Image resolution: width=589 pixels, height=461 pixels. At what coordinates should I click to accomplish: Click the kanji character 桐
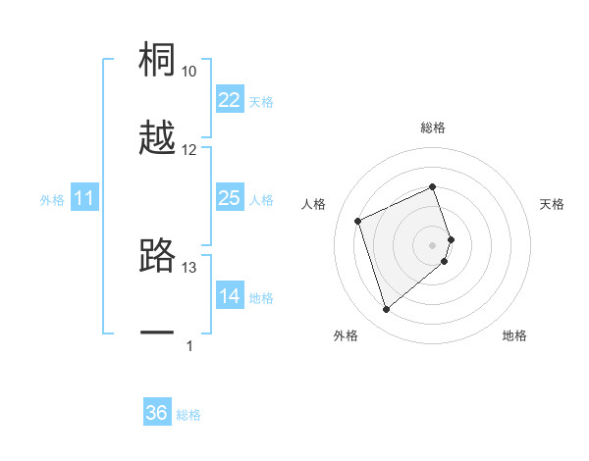pyautogui.click(x=158, y=60)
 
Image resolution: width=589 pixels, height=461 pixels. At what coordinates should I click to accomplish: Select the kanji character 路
pyautogui.click(x=158, y=256)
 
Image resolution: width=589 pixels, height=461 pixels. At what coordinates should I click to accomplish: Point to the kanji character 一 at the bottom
pyautogui.click(x=158, y=333)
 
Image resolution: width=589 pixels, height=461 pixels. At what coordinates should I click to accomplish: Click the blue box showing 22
pyautogui.click(x=229, y=100)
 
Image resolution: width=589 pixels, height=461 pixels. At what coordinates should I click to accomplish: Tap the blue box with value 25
pyautogui.click(x=229, y=198)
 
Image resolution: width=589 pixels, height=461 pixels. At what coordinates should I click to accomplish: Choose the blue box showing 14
pyautogui.click(x=229, y=296)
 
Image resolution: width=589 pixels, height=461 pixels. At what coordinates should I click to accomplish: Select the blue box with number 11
pyautogui.click(x=84, y=198)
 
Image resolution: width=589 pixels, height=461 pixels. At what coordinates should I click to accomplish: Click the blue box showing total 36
pyautogui.click(x=157, y=413)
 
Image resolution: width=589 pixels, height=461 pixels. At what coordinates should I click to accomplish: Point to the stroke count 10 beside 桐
pyautogui.click(x=189, y=72)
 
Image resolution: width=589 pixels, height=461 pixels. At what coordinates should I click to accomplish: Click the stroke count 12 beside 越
pyautogui.click(x=189, y=150)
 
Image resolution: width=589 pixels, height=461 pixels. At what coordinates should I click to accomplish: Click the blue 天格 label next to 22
pyautogui.click(x=261, y=102)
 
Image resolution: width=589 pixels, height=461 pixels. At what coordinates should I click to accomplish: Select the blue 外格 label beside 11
pyautogui.click(x=52, y=200)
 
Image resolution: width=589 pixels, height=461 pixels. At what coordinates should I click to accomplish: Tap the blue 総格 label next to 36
pyautogui.click(x=188, y=415)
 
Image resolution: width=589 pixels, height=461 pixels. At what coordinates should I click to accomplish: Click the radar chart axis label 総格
pyautogui.click(x=433, y=128)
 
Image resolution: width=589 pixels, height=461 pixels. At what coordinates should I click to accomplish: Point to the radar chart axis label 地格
pyautogui.click(x=514, y=335)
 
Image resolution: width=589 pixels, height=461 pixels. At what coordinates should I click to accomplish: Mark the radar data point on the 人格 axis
pyautogui.click(x=359, y=220)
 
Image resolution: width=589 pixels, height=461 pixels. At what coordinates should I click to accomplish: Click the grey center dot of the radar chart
pyautogui.click(x=433, y=243)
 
